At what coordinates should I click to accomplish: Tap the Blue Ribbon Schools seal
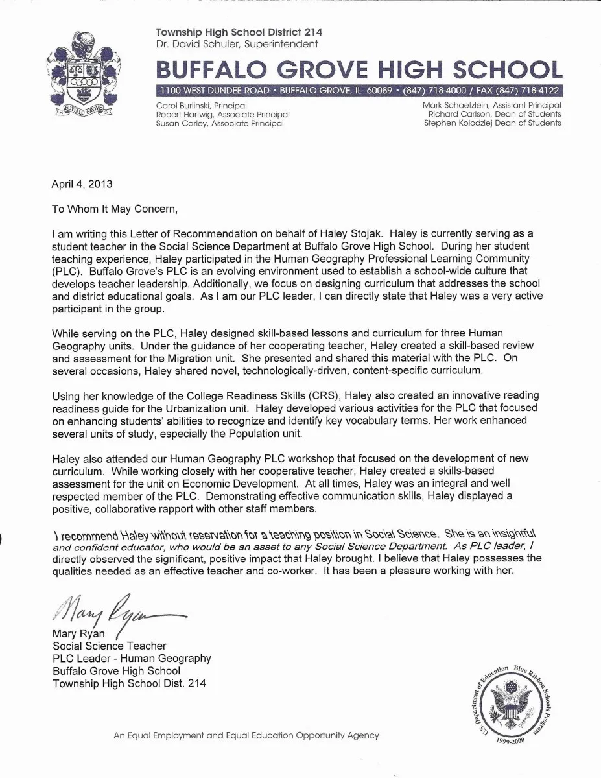509,707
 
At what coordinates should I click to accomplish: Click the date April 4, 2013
82,183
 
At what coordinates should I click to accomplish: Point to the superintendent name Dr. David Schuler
237,44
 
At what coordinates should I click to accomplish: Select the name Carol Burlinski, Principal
202,105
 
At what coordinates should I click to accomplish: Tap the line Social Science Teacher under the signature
110,646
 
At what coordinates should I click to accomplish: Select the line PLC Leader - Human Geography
132,658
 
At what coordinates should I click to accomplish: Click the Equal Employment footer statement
246,735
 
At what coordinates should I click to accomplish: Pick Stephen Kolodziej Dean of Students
492,123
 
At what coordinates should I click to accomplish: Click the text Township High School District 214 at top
239,32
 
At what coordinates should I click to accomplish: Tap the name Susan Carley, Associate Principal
220,123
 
